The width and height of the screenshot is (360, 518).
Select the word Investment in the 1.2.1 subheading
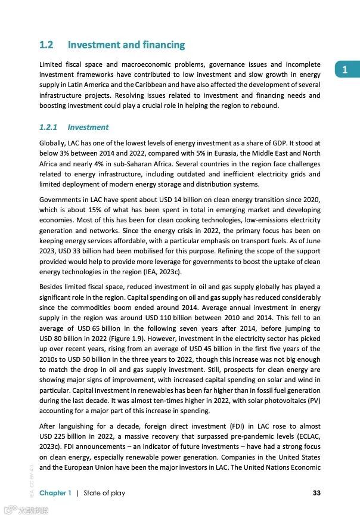tap(88, 127)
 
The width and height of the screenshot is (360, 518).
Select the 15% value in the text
tap(89, 210)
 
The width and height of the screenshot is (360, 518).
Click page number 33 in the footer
tap(316, 493)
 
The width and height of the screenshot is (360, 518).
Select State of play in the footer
tap(104, 493)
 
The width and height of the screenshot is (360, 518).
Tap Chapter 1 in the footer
tap(55, 493)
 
